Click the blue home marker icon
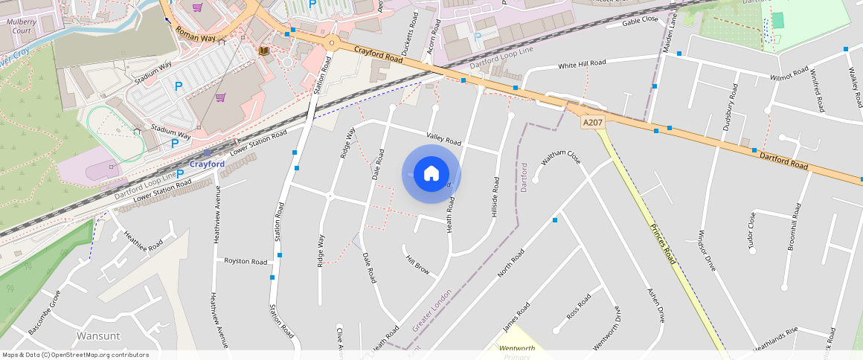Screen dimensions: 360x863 [x=431, y=174]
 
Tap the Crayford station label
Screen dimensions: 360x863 [x=207, y=164]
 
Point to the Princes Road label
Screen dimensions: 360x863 [x=662, y=244]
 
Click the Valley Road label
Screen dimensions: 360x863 [x=443, y=138]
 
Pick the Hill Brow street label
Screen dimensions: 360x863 [x=417, y=265]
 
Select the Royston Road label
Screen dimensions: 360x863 [x=246, y=262]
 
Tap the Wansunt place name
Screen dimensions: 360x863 [x=98, y=335]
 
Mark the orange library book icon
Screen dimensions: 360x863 [x=263, y=51]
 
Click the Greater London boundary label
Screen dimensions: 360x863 [x=431, y=311]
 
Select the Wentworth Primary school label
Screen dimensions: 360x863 [x=517, y=352]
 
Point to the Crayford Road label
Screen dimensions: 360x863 [x=379, y=54]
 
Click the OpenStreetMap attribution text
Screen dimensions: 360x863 [x=75, y=355]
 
